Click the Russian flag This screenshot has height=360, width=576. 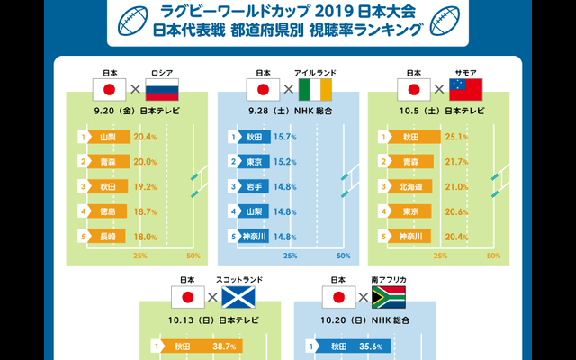[162, 89]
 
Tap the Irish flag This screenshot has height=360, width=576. [315, 89]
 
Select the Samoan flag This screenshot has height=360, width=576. [466, 89]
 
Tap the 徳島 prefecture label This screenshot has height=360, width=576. [107, 211]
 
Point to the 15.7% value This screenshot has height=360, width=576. [284, 138]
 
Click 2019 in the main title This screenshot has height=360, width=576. [341, 11]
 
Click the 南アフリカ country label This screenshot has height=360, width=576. [389, 280]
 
